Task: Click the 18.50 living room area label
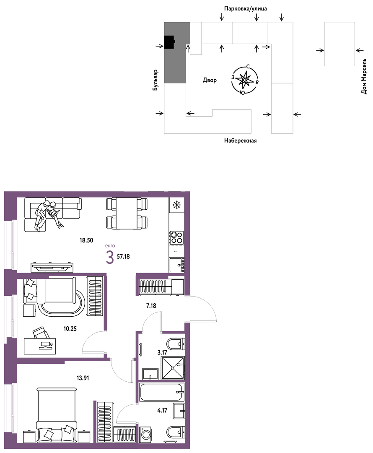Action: pos(86,240)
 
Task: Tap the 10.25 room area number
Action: pos(70,328)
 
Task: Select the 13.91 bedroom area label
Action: pos(83,377)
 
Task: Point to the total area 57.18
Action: pos(123,256)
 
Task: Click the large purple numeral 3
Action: pos(110,258)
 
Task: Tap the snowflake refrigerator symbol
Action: pos(176,205)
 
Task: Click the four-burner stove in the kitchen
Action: pos(176,237)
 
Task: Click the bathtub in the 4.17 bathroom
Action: pos(161,392)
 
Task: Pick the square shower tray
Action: pos(172,368)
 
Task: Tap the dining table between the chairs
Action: pos(127,213)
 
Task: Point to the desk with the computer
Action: pos(39,346)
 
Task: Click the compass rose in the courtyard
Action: pos(244,80)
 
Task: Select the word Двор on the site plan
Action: pos(210,80)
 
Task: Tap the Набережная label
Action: pos(241,141)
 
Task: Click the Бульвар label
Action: pos(155,80)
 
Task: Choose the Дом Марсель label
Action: pos(364,76)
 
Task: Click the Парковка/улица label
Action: pos(246,8)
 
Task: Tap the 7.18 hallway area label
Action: pos(151,305)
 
